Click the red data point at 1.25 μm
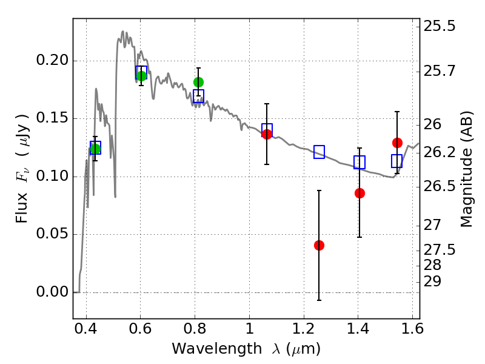319,246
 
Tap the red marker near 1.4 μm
360,193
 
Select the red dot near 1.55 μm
397,143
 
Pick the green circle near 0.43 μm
95,149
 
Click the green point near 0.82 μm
198,82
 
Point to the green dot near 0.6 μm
141,76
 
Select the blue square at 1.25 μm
319,152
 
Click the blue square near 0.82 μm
198,96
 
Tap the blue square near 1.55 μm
397,161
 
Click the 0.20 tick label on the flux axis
52,59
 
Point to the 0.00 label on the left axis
52,292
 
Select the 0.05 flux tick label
52,234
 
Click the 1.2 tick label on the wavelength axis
304,329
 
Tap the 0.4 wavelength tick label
86,329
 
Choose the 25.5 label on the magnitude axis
439,26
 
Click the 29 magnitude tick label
432,282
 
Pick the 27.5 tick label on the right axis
439,250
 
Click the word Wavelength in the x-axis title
217,349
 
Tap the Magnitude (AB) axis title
467,169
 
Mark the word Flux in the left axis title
22,207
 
